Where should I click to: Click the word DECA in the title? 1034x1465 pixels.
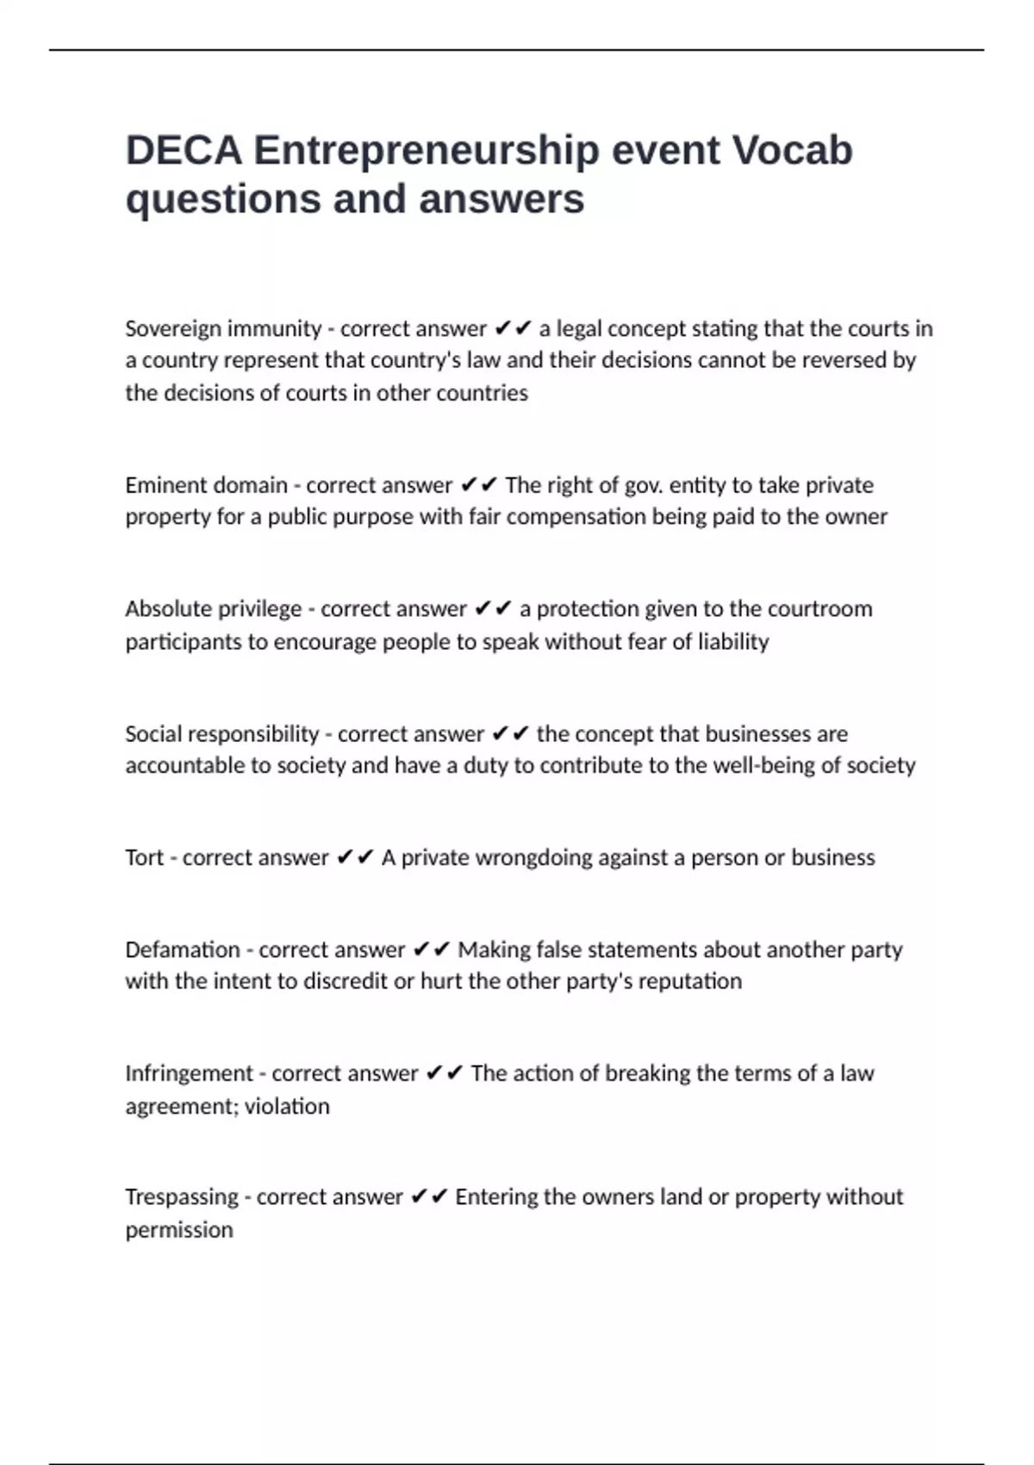[184, 150]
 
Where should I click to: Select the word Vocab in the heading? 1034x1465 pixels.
[792, 150]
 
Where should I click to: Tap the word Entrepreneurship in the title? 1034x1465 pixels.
[426, 150]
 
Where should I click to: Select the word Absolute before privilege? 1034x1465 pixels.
[168, 608]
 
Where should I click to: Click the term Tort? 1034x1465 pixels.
[144, 857]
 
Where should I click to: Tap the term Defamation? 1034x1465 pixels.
[183, 950]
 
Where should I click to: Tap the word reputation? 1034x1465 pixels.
[689, 982]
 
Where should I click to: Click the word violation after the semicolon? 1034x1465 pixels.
[287, 1107]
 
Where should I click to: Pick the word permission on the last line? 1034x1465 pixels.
[179, 1230]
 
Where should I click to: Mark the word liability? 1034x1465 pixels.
[733, 642]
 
